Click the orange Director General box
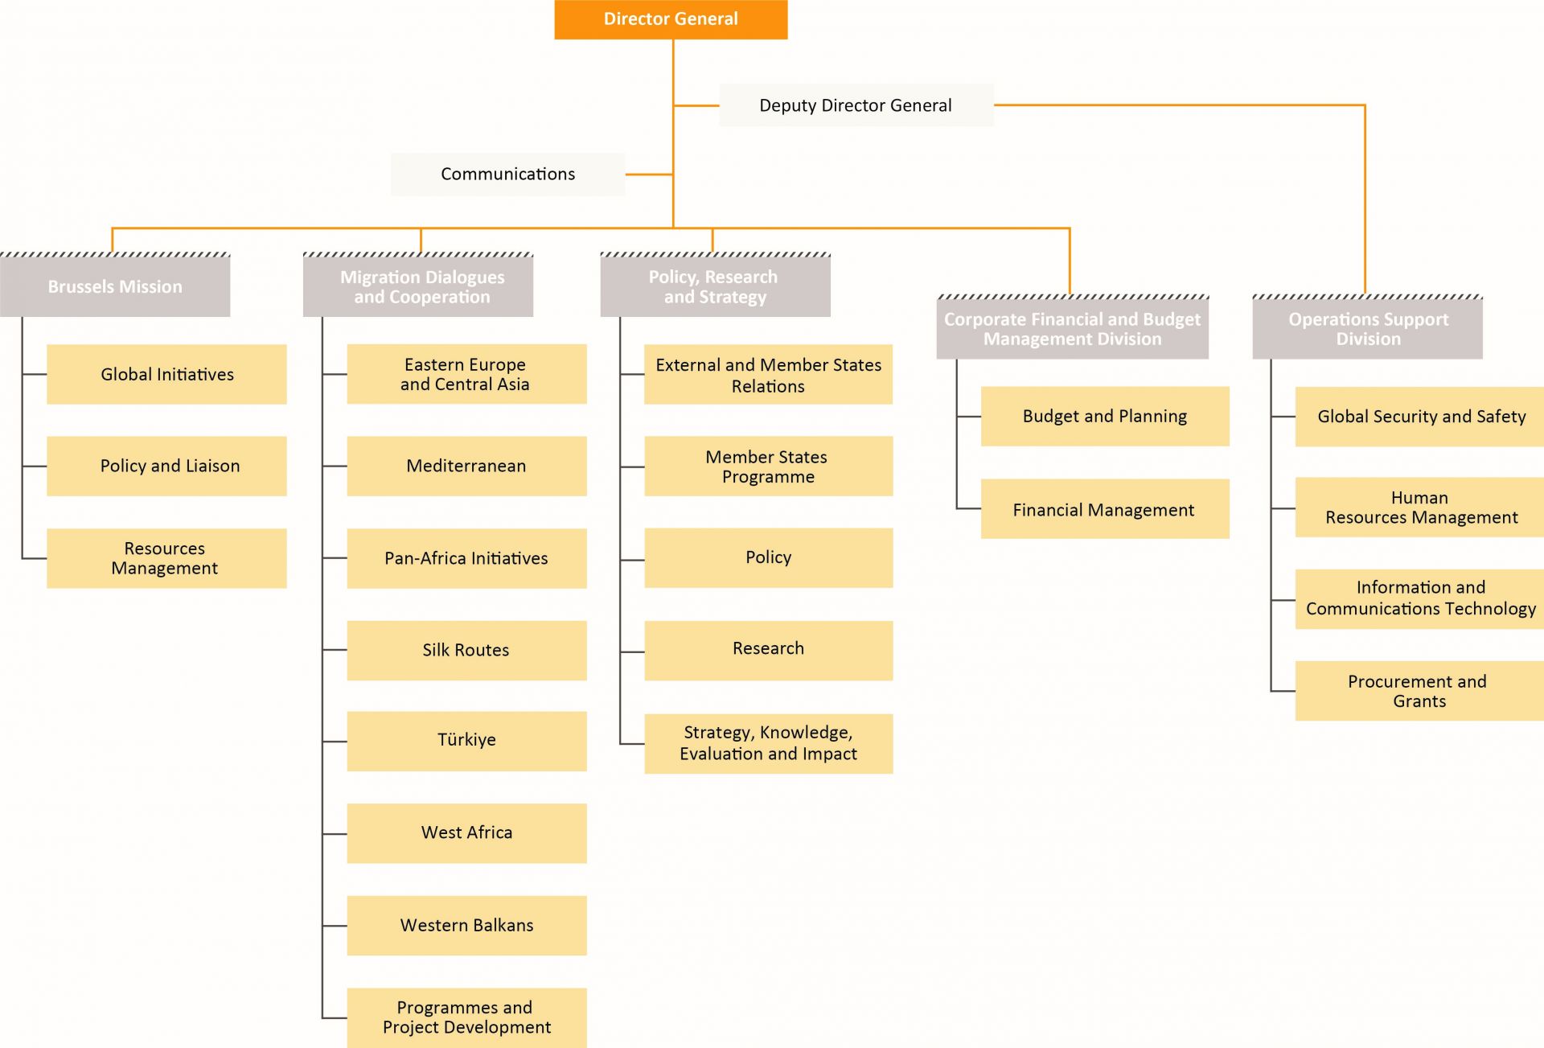click(671, 19)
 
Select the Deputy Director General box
click(856, 105)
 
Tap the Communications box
click(507, 174)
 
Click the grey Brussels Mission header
click(115, 286)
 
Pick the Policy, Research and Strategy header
click(715, 286)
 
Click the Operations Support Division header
click(1367, 329)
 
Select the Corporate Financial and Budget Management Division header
click(1072, 329)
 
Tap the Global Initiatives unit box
click(166, 374)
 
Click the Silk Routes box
click(466, 650)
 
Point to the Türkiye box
click(466, 741)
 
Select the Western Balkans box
click(466, 925)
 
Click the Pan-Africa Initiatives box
click(466, 558)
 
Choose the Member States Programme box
click(768, 466)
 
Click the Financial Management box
click(1104, 509)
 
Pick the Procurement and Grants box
click(1419, 691)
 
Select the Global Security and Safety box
click(1420, 417)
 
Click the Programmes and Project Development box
click(466, 1017)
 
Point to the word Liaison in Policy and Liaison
click(212, 466)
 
